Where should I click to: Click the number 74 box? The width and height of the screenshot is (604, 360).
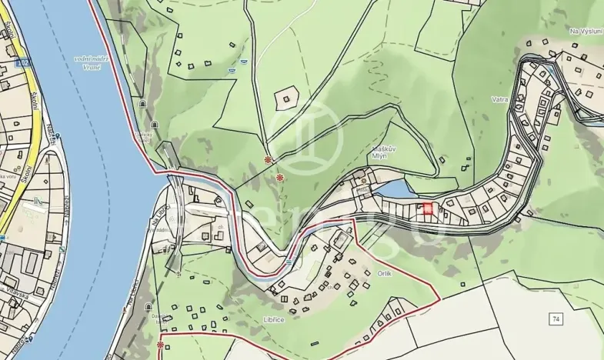pyautogui.click(x=556, y=318)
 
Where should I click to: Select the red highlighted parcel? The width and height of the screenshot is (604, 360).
pyautogui.click(x=427, y=208)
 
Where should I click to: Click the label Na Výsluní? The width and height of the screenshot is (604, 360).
pyautogui.click(x=584, y=31)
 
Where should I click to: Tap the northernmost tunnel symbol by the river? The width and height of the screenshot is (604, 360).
pyautogui.click(x=142, y=102)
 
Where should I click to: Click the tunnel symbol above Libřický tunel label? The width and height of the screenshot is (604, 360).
pyautogui.click(x=155, y=124)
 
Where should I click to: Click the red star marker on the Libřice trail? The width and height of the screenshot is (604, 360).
pyautogui.click(x=161, y=345)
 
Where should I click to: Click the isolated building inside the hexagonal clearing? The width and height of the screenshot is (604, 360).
pyautogui.click(x=288, y=98)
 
